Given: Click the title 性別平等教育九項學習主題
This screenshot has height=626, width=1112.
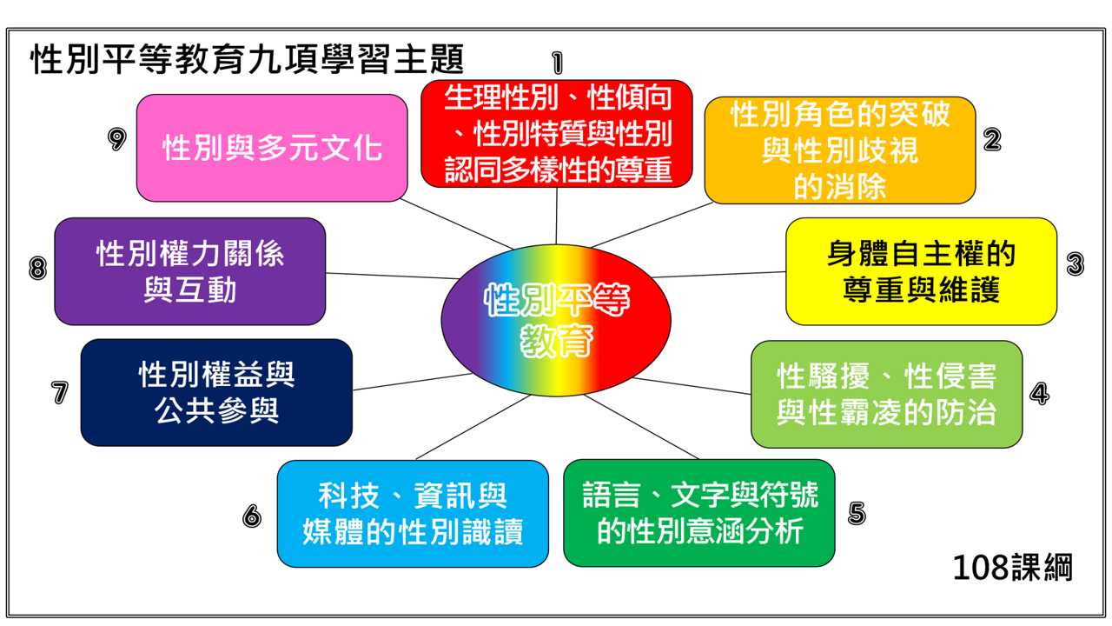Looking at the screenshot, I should tap(248, 60).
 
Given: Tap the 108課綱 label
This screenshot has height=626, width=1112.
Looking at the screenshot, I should tap(1012, 568).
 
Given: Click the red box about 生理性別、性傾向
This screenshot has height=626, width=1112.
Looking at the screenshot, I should tap(557, 134).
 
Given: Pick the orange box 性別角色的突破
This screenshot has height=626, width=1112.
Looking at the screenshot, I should tap(839, 150).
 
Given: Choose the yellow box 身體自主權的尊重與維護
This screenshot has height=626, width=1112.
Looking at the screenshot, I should tap(921, 271).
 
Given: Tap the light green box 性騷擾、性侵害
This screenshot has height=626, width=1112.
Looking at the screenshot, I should tap(886, 394).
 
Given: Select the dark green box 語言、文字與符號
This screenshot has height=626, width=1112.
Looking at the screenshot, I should tap(698, 513).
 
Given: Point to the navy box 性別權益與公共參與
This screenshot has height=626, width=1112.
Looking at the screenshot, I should tap(216, 392).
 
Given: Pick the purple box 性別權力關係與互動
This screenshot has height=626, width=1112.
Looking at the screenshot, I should tap(189, 271).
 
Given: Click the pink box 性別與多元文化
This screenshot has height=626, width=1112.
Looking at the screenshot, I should tap(272, 148).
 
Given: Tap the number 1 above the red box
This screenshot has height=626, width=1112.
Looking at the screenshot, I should tap(557, 62).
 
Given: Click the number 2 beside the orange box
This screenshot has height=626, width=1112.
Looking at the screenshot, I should tap(992, 139).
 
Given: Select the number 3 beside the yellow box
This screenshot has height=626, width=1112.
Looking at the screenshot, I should tap(1075, 263).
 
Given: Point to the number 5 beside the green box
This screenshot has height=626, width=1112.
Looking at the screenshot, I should tap(857, 513).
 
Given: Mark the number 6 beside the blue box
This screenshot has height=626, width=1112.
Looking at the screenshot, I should tap(252, 516).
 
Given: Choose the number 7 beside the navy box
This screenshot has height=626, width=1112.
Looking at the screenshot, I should tap(59, 392).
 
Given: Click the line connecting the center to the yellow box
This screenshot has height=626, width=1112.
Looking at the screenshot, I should tap(721, 275).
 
